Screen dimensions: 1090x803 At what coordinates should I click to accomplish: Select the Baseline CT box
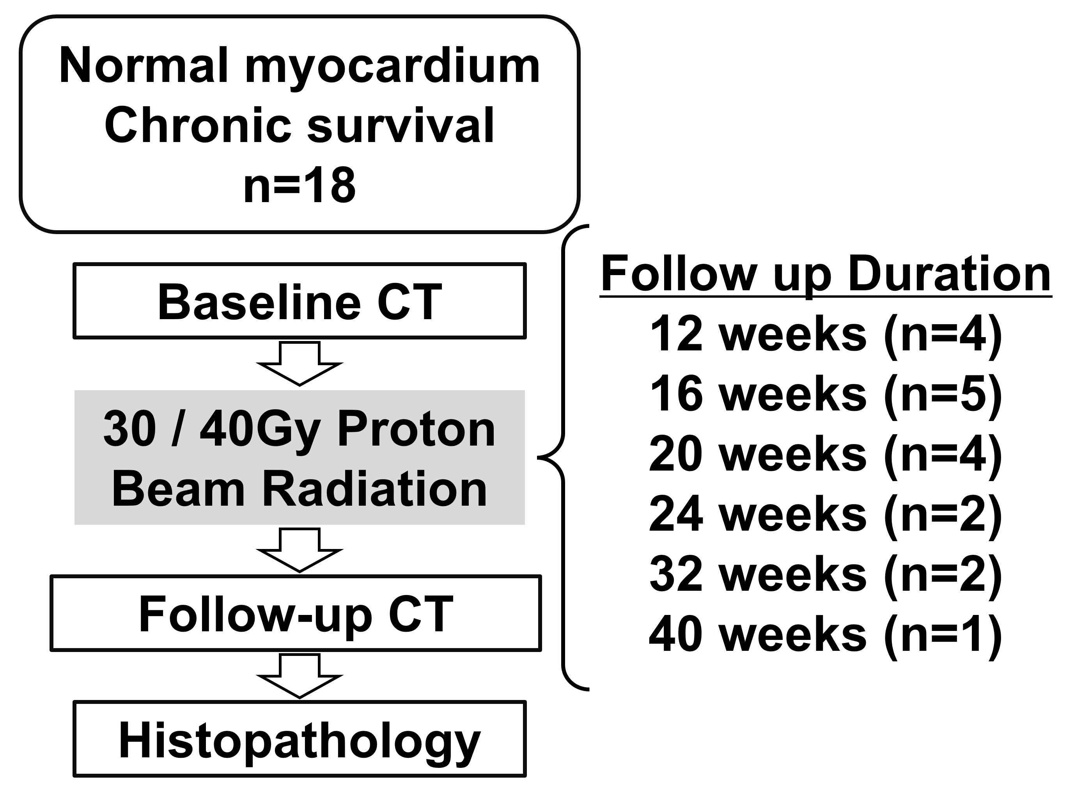(x=300, y=301)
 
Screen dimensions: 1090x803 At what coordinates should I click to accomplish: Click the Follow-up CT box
(x=296, y=613)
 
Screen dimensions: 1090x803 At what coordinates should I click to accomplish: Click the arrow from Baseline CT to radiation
(x=300, y=364)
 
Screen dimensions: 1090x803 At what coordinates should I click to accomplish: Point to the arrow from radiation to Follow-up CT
(x=300, y=550)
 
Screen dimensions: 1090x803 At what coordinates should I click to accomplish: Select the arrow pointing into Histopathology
(x=300, y=676)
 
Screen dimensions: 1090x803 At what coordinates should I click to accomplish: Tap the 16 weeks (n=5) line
(x=826, y=394)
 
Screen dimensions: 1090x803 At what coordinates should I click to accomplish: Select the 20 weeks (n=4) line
(x=826, y=455)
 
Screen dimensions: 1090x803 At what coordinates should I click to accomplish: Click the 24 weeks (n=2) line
(x=826, y=514)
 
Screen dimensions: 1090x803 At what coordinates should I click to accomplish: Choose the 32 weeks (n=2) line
(x=826, y=574)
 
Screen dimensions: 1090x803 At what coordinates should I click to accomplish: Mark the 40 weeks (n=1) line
(x=826, y=635)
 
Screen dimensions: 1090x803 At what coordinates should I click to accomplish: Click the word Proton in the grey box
(x=416, y=430)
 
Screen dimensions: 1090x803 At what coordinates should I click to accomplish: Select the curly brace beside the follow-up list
(x=564, y=457)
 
